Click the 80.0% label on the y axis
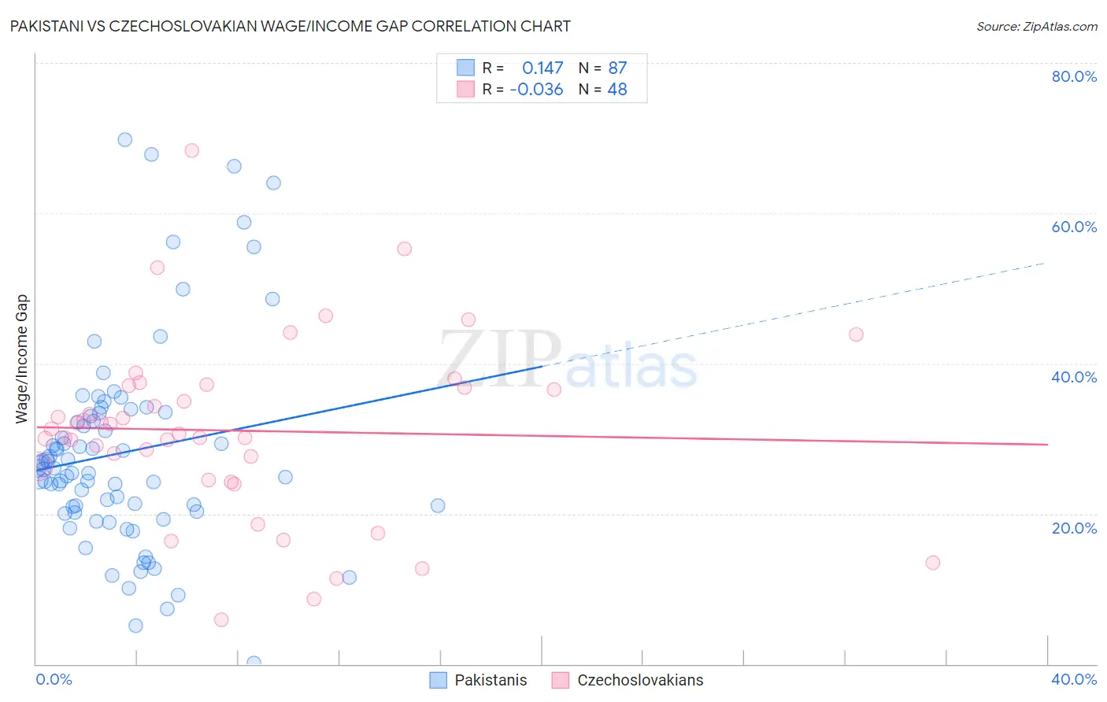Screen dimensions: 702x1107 tap(1074, 76)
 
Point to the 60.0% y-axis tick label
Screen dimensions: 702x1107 tap(1074, 227)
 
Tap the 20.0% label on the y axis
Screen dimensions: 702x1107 tap(1074, 527)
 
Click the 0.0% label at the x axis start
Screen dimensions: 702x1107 tap(54, 679)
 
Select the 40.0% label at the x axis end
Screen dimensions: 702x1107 tap(1074, 679)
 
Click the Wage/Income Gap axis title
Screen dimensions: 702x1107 tap(21, 359)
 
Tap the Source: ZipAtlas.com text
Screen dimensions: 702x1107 tap(1036, 26)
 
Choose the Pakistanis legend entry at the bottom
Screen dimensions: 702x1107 tap(491, 680)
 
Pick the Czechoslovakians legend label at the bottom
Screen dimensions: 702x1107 tap(639, 680)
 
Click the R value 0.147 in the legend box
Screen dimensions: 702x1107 tap(542, 68)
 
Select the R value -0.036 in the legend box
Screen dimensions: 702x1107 tap(536, 89)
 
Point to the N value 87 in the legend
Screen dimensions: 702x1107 tap(617, 68)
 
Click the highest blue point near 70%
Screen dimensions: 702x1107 tap(124, 139)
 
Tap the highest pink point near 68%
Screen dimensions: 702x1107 tap(191, 150)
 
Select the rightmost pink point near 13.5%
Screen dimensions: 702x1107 tap(933, 562)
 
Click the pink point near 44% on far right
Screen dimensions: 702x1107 tap(856, 334)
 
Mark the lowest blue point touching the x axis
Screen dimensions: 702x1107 tap(254, 663)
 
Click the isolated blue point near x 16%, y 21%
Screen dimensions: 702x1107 tap(438, 505)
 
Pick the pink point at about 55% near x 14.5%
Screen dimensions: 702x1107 tap(404, 249)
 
